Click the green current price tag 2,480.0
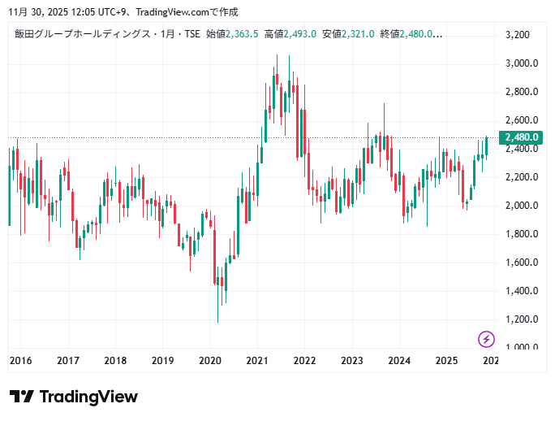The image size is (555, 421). coord(522,137)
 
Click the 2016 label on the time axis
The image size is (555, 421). coord(20,361)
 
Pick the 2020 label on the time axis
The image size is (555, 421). coord(210,361)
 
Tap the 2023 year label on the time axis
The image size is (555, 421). coord(352,361)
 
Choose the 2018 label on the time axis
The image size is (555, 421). coord(115,361)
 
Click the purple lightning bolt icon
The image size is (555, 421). coord(486,339)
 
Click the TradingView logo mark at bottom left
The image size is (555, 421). coord(22,397)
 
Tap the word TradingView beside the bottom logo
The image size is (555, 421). coord(88,397)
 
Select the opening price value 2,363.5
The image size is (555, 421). coord(243,34)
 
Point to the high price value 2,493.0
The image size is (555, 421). coord(299,34)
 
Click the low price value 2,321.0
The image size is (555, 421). coord(358,34)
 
